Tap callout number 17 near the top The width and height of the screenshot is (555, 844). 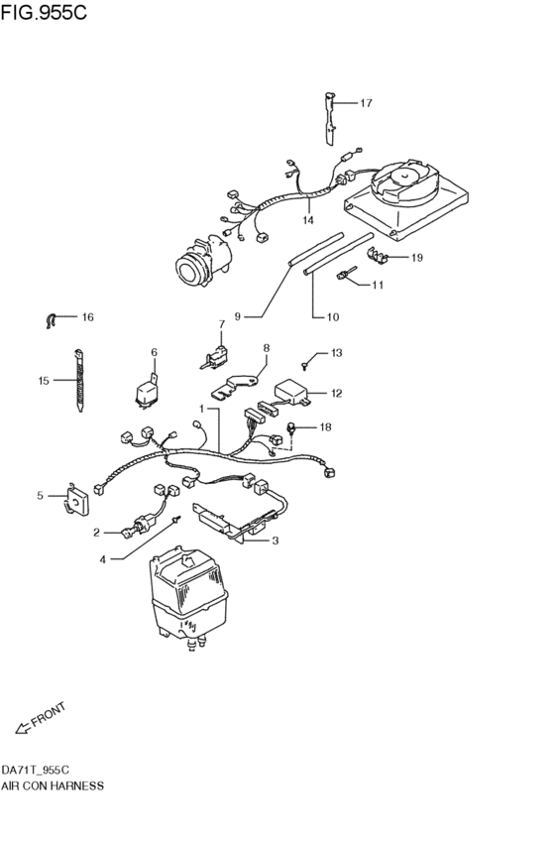click(365, 102)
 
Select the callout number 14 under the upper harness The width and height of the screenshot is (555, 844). click(308, 220)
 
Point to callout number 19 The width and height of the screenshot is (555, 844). click(416, 258)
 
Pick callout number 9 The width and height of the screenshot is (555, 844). click(238, 316)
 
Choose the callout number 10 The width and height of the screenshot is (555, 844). click(333, 317)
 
